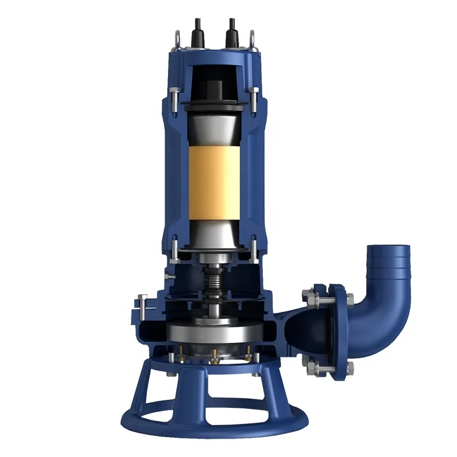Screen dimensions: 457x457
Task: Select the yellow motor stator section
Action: coord(216,183)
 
